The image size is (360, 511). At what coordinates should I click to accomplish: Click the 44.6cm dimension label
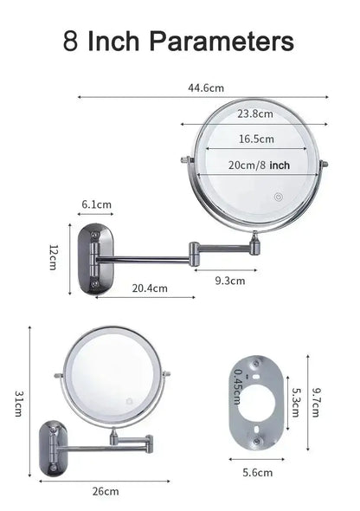pyautogui.click(x=205, y=87)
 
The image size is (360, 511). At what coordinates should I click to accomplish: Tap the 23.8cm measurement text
pyautogui.click(x=255, y=113)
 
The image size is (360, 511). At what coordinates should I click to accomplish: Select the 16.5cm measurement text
pyautogui.click(x=256, y=139)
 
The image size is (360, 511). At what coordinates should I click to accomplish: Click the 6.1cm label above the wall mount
pyautogui.click(x=96, y=204)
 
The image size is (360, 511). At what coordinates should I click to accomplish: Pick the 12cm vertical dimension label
pyautogui.click(x=53, y=255)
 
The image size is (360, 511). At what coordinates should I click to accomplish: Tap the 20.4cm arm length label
pyautogui.click(x=150, y=288)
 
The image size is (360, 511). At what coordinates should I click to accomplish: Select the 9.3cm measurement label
pyautogui.click(x=229, y=280)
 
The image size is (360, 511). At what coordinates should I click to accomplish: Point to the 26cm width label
pyautogui.click(x=106, y=491)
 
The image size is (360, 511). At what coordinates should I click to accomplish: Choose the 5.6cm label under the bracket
pyautogui.click(x=258, y=472)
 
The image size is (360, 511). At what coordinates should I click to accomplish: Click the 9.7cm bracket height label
pyautogui.click(x=318, y=402)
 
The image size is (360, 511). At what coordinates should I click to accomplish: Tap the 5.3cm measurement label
pyautogui.click(x=296, y=402)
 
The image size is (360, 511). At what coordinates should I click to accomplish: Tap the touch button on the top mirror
pyautogui.click(x=279, y=197)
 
